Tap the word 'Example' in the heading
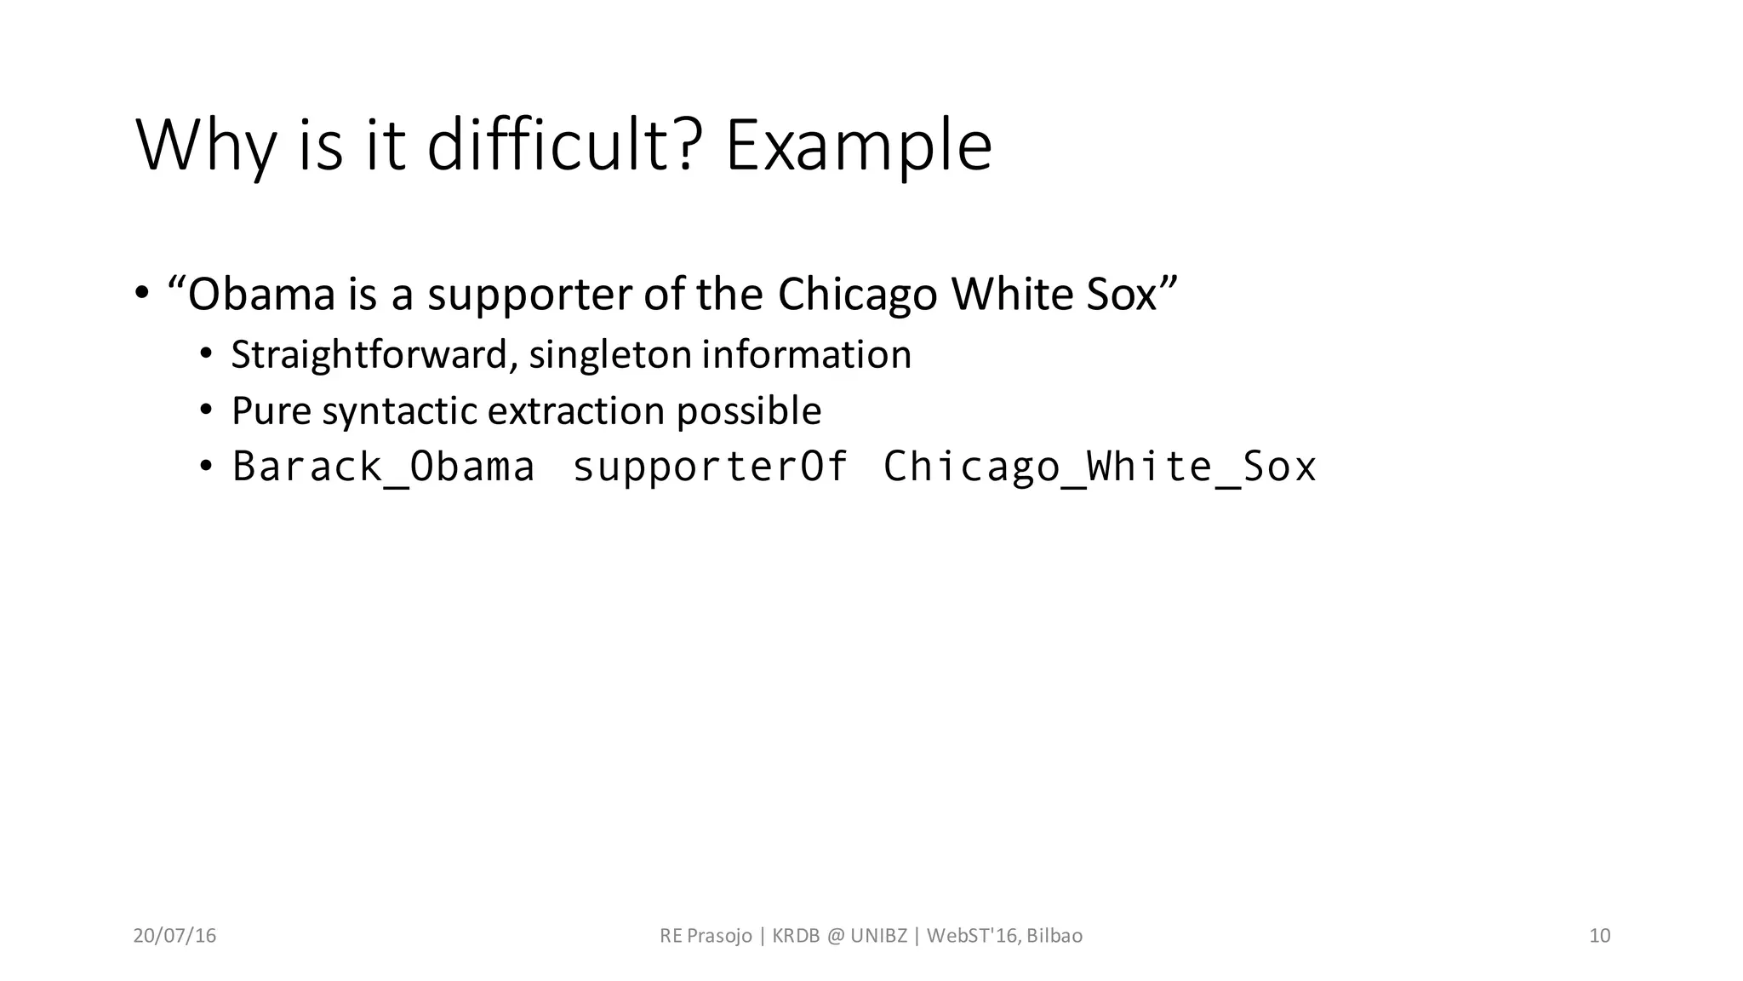[x=858, y=146]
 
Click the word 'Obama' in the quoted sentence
[x=261, y=295]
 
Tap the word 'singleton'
[x=609, y=355]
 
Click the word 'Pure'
[x=271, y=411]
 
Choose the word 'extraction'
[x=576, y=411]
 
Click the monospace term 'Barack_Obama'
[x=384, y=467]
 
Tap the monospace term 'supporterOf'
[x=710, y=467]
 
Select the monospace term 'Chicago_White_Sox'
[x=1100, y=467]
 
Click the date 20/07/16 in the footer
[x=174, y=936]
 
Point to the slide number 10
[x=1599, y=936]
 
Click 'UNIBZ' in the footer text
[x=878, y=936]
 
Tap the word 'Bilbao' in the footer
[x=1054, y=936]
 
